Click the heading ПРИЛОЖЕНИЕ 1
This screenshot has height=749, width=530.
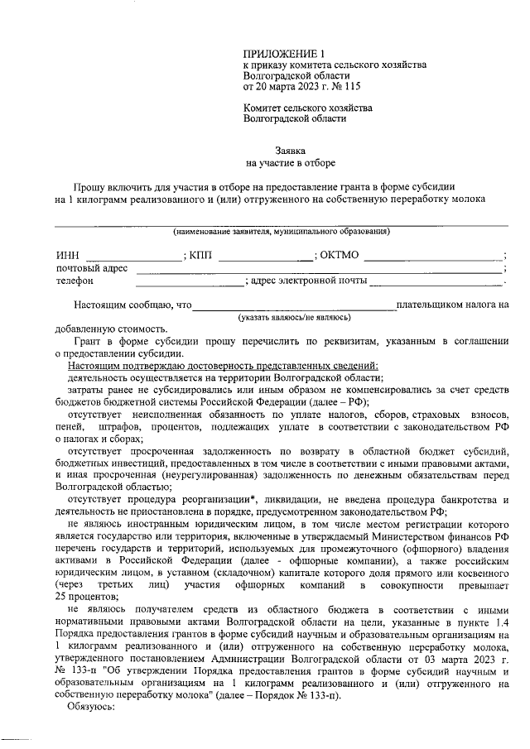277,51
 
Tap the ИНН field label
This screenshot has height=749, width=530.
66,256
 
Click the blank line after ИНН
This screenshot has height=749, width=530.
133,258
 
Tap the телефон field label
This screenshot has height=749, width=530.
75,281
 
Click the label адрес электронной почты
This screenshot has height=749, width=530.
308,281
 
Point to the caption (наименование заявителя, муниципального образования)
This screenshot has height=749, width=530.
282,231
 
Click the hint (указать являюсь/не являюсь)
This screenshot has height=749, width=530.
294,317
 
